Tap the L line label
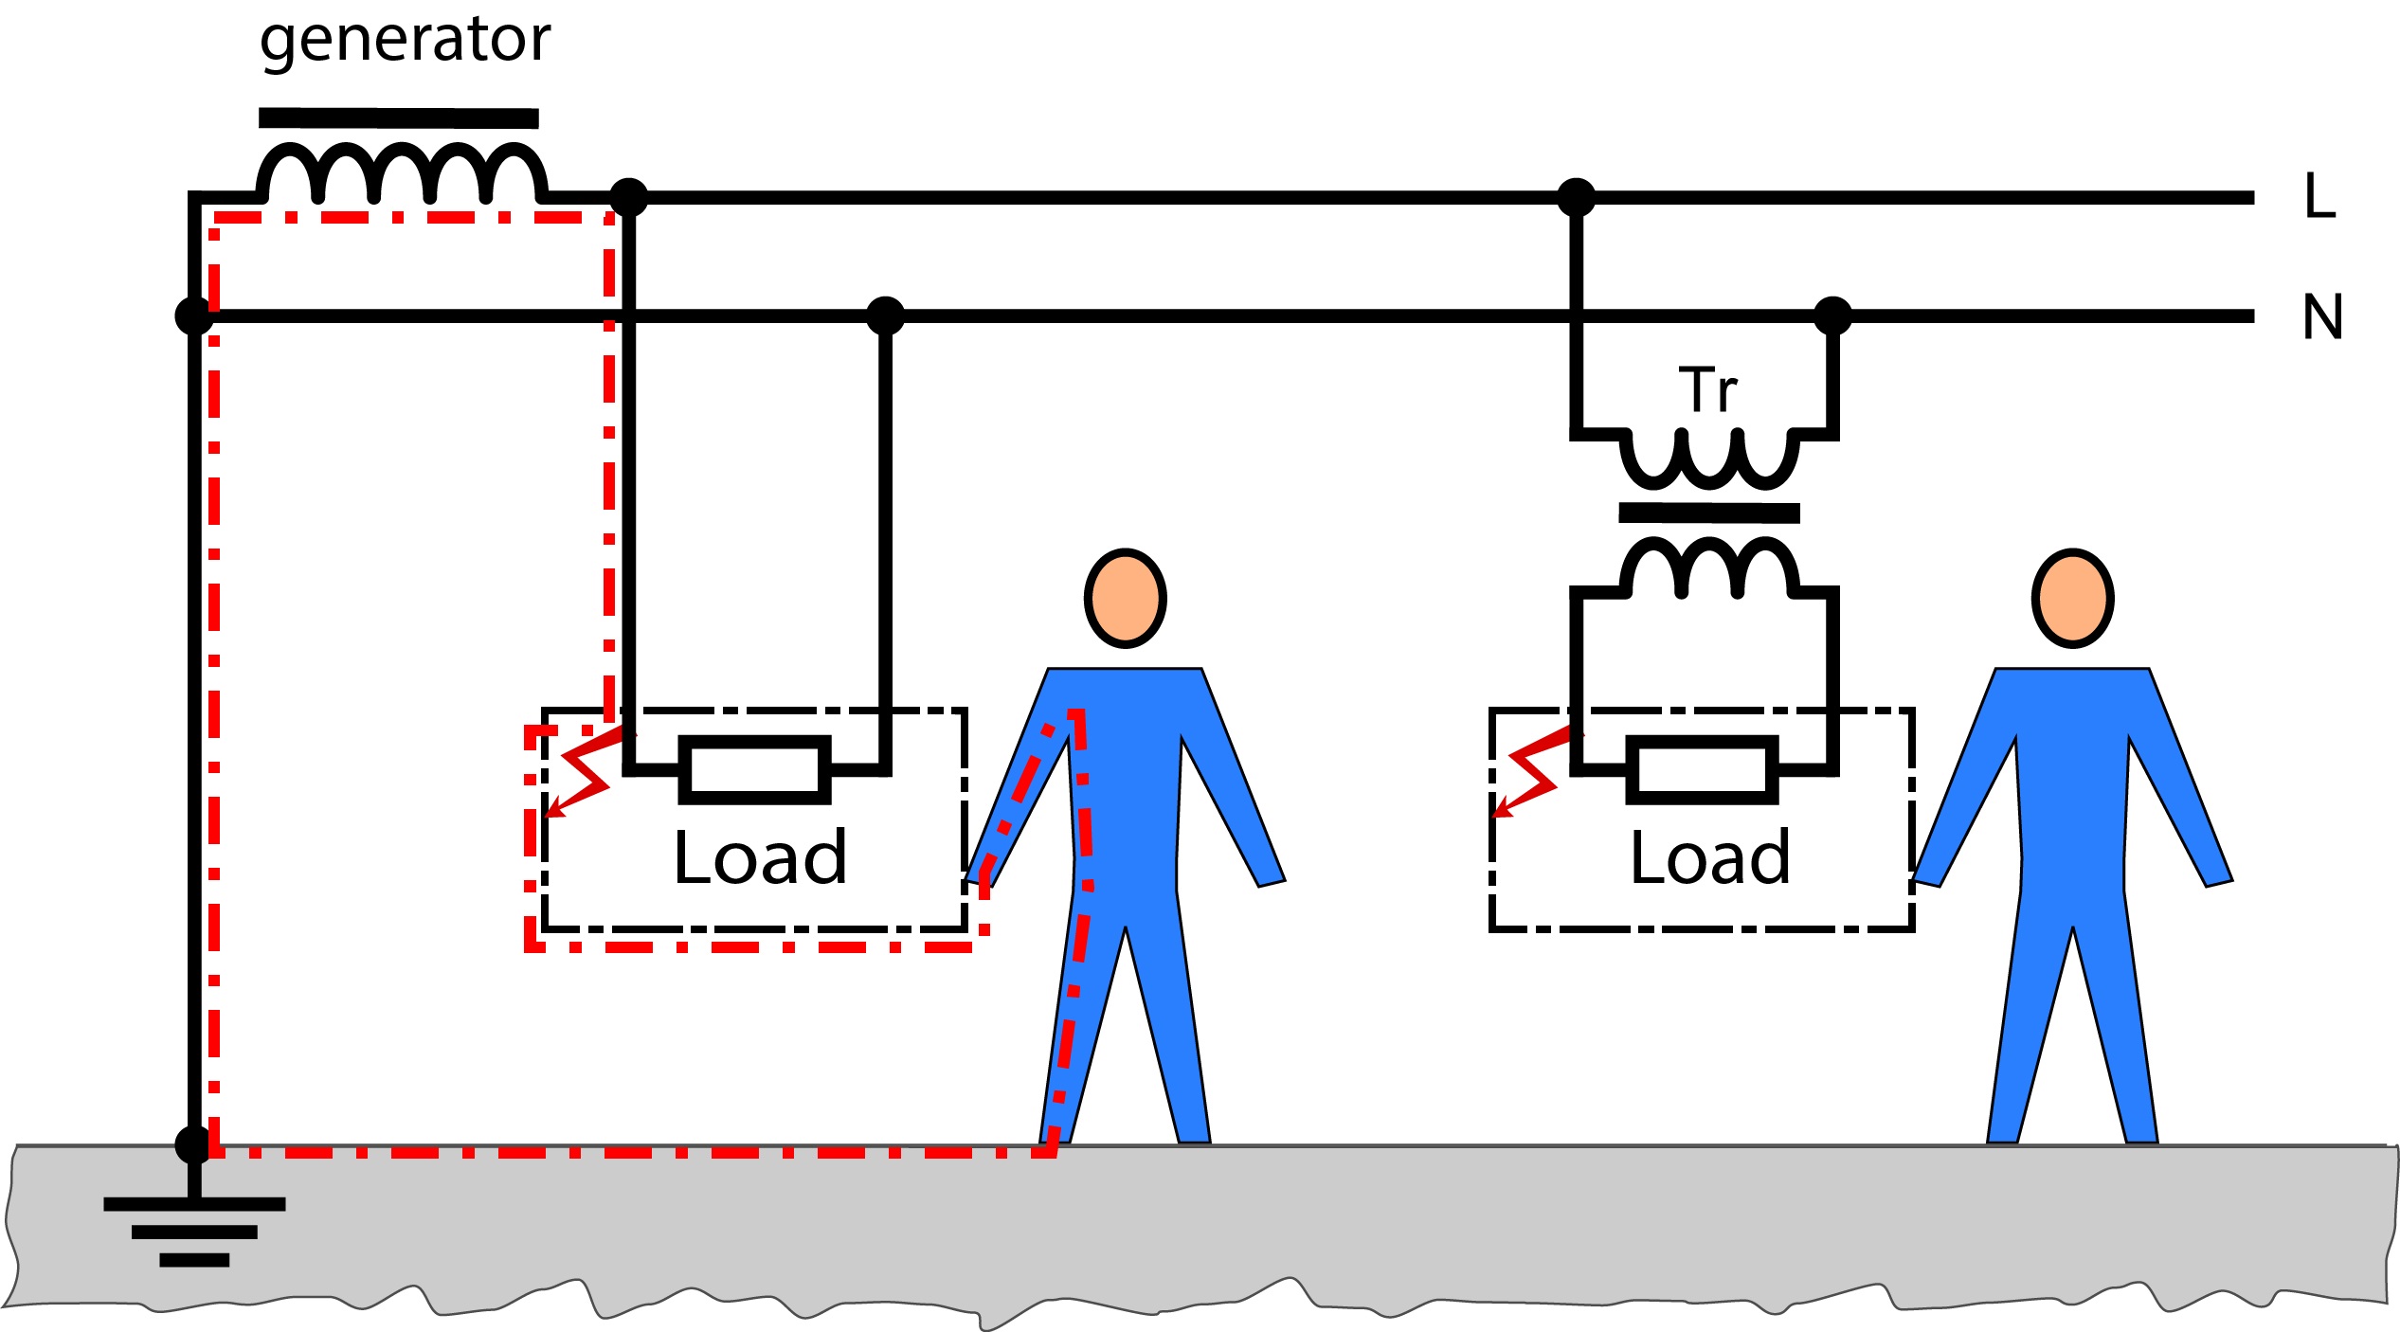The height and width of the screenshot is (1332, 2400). click(x=2319, y=196)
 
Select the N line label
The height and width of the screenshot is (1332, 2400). click(x=2322, y=316)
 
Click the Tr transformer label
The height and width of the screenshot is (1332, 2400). click(x=1707, y=389)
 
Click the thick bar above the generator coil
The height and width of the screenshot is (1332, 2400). click(x=398, y=118)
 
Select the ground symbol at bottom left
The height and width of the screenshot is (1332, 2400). click(x=194, y=1231)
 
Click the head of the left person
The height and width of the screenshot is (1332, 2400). click(x=1125, y=599)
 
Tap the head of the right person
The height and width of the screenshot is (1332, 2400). click(x=2072, y=599)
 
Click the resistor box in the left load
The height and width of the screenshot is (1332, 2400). click(x=754, y=769)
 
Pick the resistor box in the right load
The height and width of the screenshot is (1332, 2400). click(x=1702, y=769)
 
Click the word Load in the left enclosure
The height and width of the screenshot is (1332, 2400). click(x=760, y=857)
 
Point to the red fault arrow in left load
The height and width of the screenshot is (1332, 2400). click(x=583, y=774)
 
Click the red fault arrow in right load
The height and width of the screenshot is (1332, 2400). click(x=1529, y=774)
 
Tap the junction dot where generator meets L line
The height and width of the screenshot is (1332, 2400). click(x=628, y=197)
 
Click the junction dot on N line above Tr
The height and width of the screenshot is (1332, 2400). click(x=1832, y=315)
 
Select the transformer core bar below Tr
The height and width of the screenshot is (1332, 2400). click(x=1709, y=513)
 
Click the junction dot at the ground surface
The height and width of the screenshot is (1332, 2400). click(x=194, y=1145)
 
